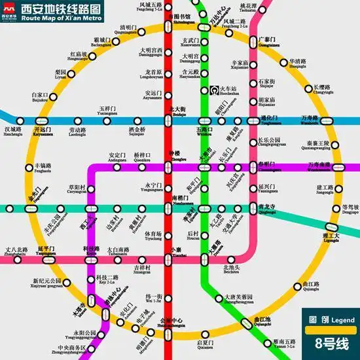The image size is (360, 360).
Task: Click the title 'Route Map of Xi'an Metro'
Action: [62, 18]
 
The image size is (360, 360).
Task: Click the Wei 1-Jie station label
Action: [153, 299]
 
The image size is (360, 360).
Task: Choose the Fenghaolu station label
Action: [46, 168]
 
